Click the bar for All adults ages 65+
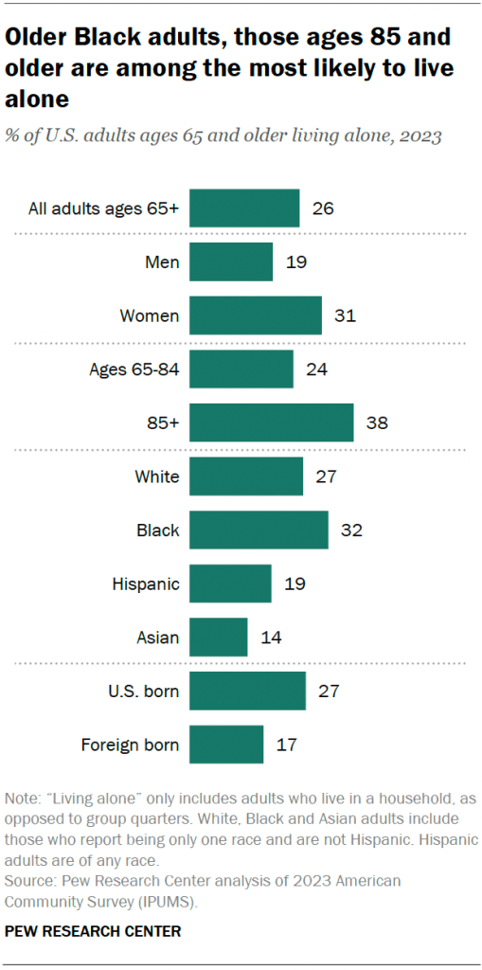(244, 208)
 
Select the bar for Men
(231, 261)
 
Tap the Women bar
(256, 315)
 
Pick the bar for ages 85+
(271, 422)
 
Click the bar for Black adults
(259, 530)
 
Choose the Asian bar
(219, 638)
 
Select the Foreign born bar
(226, 745)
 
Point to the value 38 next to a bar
(376, 422)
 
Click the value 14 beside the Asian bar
(270, 638)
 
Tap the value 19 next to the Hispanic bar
(294, 584)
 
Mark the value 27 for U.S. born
(328, 691)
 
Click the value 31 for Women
(344, 315)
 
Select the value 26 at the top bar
(323, 208)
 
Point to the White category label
(157, 476)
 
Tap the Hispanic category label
(146, 584)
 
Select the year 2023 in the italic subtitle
(418, 135)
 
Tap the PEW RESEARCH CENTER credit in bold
(93, 932)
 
